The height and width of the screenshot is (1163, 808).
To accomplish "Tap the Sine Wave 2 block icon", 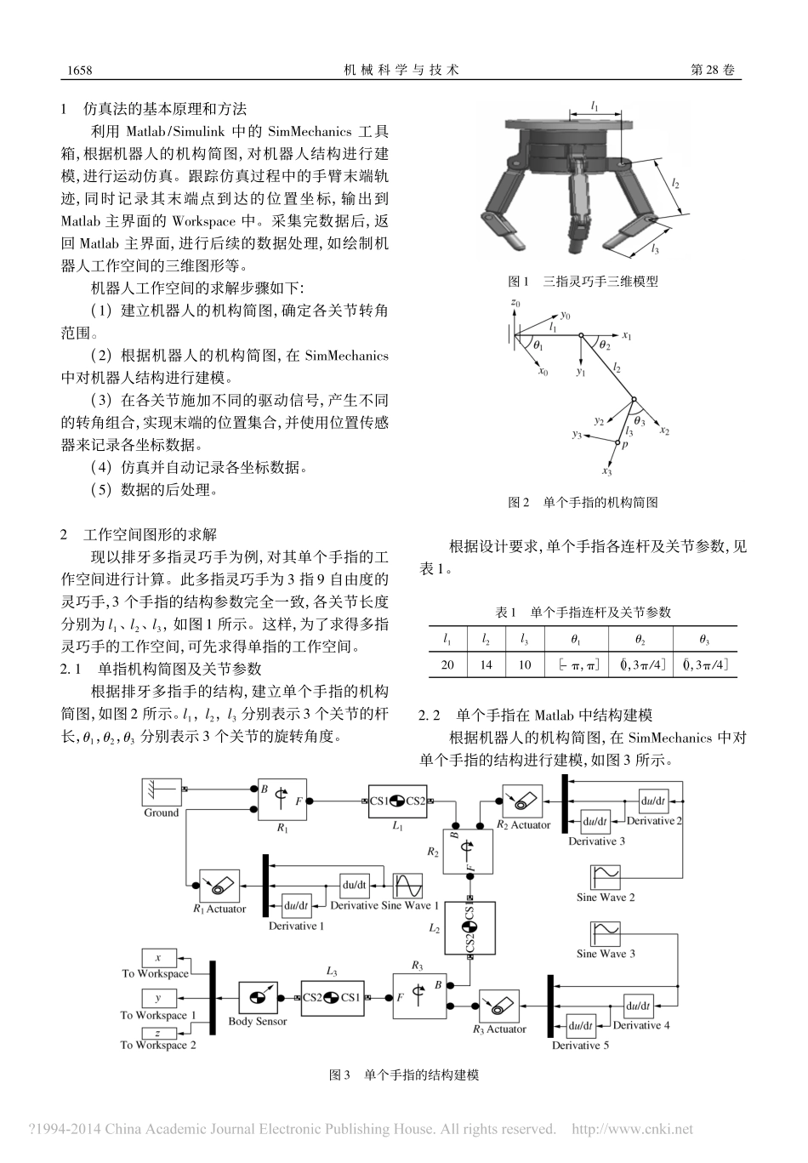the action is pos(608,876).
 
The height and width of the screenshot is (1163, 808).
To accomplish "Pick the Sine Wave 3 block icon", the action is pos(608,933).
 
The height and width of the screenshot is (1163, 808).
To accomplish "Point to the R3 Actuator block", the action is pos(501,1005).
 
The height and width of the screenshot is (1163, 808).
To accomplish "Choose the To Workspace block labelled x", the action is pos(157,958).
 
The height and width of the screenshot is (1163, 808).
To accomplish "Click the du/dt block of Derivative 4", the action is pos(640,1006).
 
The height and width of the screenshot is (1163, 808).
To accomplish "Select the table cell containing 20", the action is pos(447,664).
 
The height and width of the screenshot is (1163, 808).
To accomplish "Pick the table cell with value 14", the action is pos(486,664).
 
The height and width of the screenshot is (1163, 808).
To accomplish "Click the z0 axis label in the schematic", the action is pos(515,303).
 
